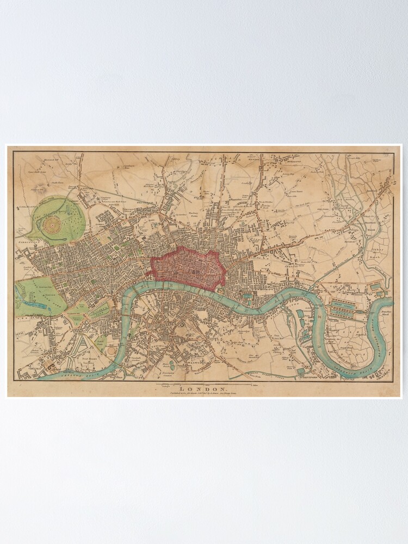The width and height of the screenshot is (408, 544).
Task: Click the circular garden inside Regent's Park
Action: coord(53,223)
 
